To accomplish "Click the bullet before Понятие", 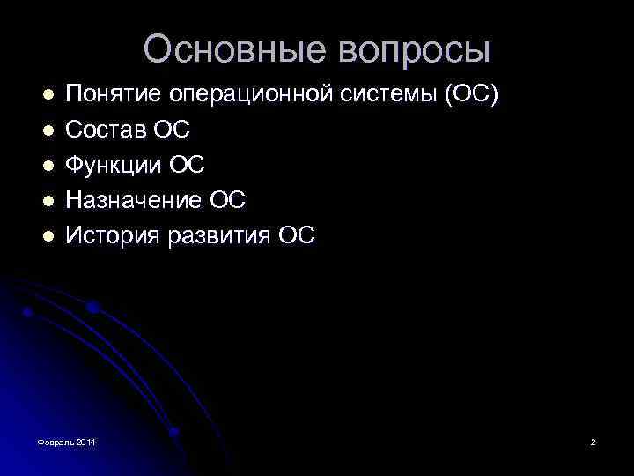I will pyautogui.click(x=48, y=93).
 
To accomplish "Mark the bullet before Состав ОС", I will pyautogui.click(x=48, y=130).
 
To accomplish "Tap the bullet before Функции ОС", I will pyautogui.click(x=48, y=165).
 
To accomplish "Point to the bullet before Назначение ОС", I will pyautogui.click(x=48, y=200).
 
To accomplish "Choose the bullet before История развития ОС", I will pyautogui.click(x=48, y=235).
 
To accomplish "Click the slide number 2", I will pyautogui.click(x=593, y=441).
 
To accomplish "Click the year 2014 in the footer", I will pyautogui.click(x=86, y=441).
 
